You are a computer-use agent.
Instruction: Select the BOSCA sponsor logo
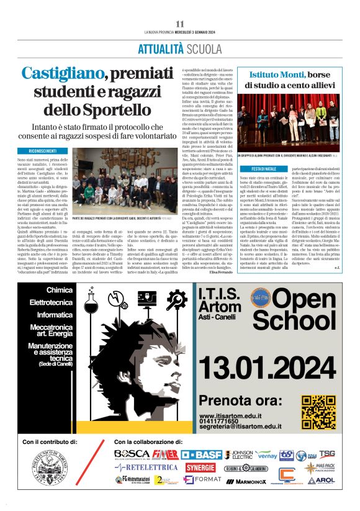(132, 454)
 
